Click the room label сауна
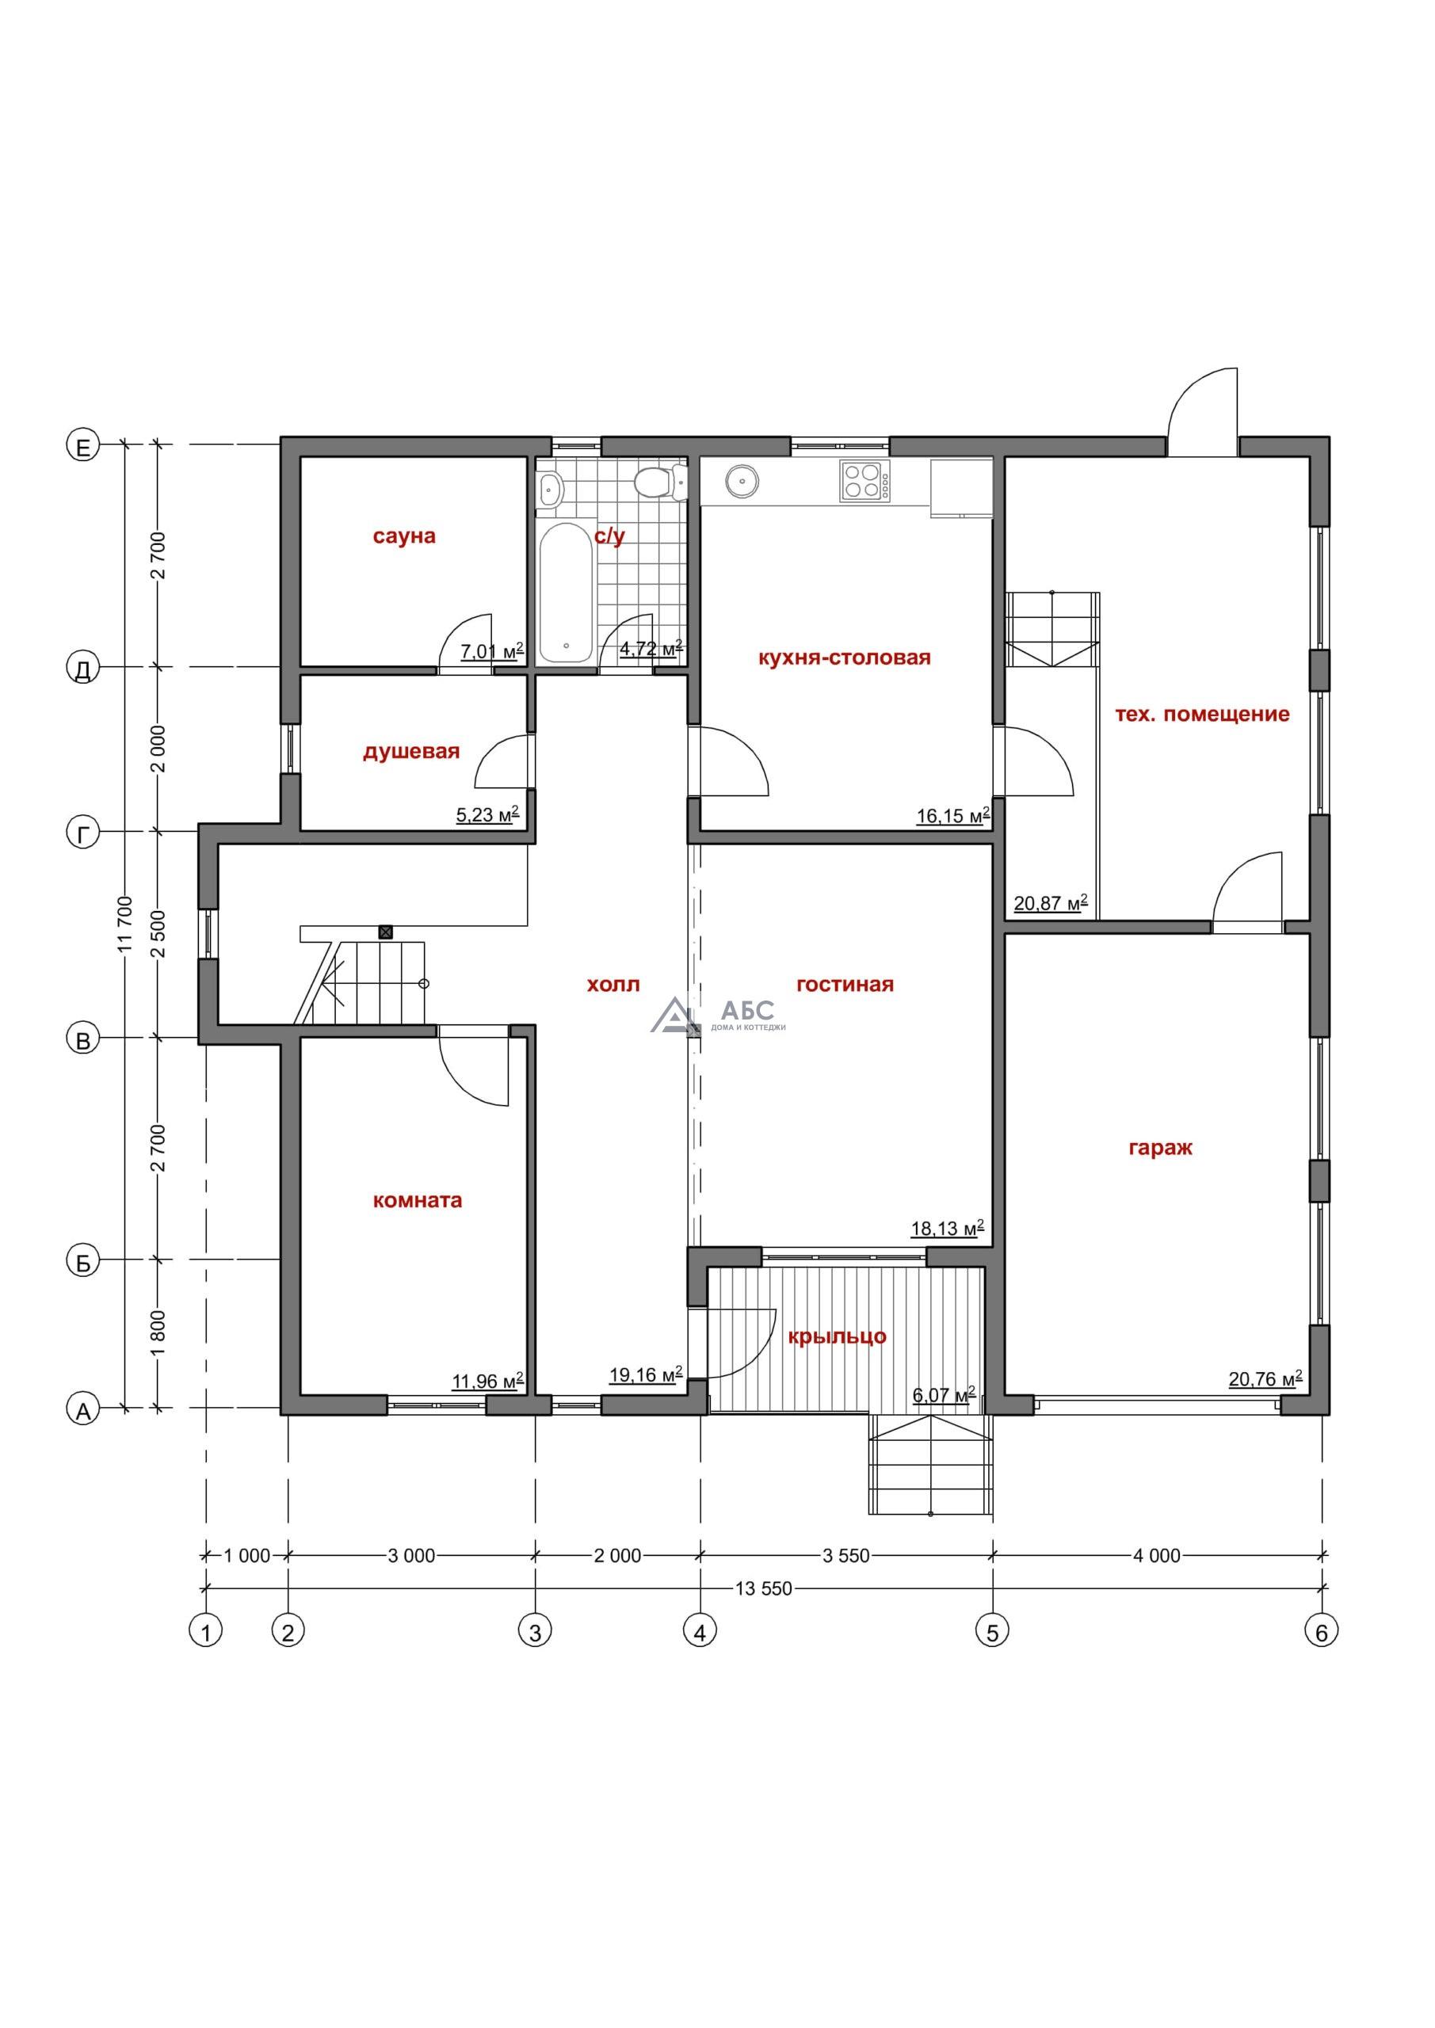click(x=404, y=536)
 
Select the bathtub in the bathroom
click(x=566, y=593)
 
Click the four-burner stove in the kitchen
click(x=864, y=482)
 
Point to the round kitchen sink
click(x=740, y=482)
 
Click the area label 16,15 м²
click(x=952, y=815)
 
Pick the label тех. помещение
click(x=1202, y=714)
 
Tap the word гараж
click(x=1160, y=1148)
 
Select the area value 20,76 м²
click(x=1265, y=1378)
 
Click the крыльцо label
click(x=837, y=1336)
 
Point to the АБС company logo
click(x=718, y=1015)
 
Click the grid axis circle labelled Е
click(x=83, y=447)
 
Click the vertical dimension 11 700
click(x=124, y=926)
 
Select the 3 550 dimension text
click(x=845, y=1555)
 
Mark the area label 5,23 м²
click(x=487, y=814)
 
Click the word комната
click(x=417, y=1200)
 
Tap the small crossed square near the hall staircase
click(x=385, y=931)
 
